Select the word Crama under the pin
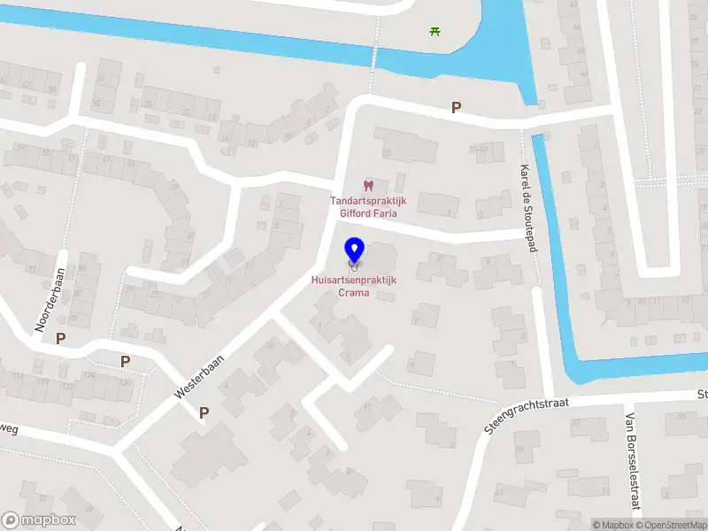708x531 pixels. [353, 292]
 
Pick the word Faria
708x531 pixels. [384, 213]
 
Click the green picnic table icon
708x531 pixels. [435, 32]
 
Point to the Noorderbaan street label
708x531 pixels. [50, 300]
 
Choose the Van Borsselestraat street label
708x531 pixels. [632, 461]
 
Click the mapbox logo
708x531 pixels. [40, 520]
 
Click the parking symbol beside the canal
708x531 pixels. [456, 108]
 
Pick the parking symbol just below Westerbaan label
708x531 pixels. [204, 412]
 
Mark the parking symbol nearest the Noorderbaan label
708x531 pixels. [60, 338]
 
